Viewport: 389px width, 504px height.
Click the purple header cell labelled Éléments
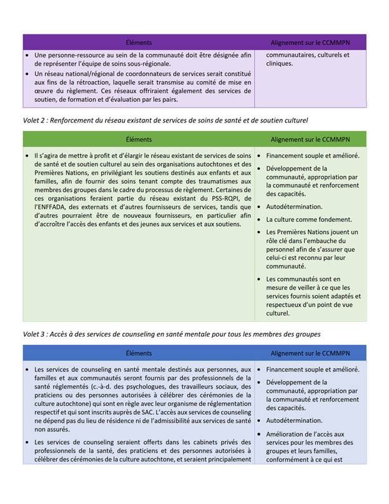coord(139,42)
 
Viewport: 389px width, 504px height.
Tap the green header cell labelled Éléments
coord(139,139)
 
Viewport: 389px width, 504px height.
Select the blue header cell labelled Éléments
coord(139,353)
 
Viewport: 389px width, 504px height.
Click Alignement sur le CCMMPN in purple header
coord(310,42)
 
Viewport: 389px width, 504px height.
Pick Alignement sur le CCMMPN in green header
coord(310,139)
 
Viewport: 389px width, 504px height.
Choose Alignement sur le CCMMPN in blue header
coord(310,353)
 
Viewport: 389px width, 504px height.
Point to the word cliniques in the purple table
coord(279,64)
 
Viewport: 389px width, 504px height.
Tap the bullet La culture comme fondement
coord(308,219)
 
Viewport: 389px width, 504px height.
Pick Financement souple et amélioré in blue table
coord(312,369)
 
